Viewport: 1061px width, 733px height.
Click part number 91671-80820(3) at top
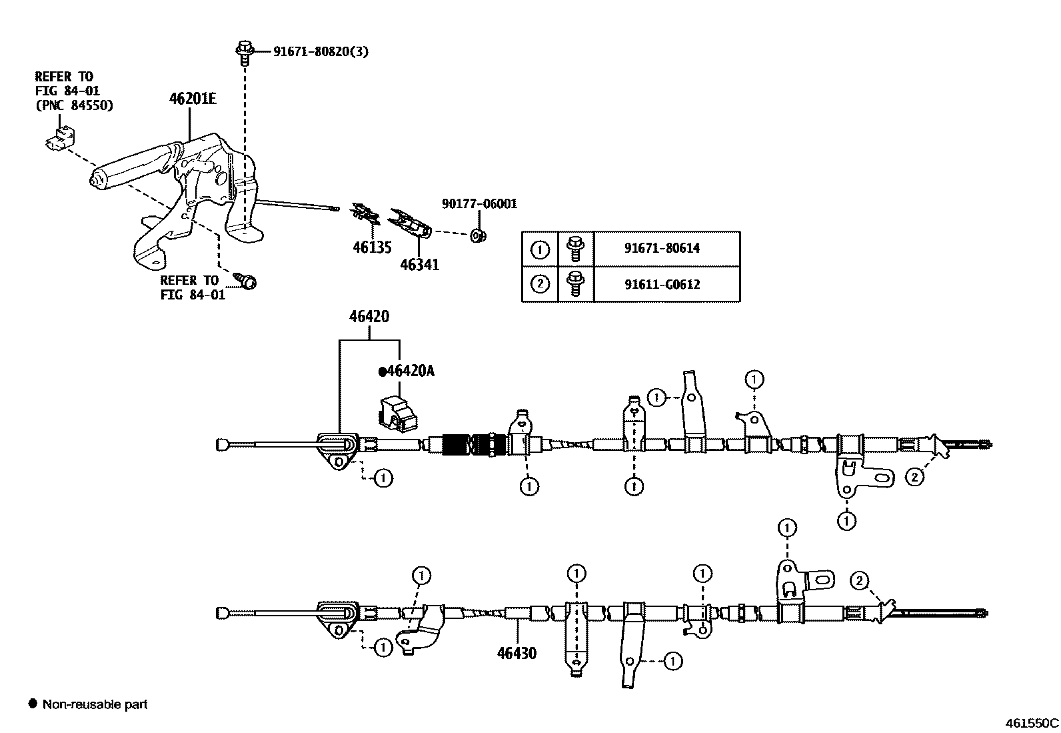click(x=320, y=51)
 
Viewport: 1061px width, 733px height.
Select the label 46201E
click(x=193, y=99)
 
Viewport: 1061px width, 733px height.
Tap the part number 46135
click(x=371, y=247)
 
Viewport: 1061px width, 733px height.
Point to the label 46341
click(x=419, y=265)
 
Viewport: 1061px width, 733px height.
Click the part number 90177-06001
click(x=479, y=204)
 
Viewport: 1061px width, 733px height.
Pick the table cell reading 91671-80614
click(x=662, y=248)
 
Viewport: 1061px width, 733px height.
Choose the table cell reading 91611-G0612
click(x=662, y=284)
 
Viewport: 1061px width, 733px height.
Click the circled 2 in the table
click(x=540, y=284)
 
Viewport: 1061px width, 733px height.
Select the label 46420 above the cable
click(x=369, y=316)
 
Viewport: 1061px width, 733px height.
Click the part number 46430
click(x=517, y=653)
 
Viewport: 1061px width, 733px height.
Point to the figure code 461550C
click(x=1031, y=722)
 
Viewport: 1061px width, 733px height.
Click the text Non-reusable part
click(x=95, y=704)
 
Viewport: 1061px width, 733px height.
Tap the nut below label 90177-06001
click(x=477, y=235)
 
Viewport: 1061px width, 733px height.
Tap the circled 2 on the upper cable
click(x=914, y=477)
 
